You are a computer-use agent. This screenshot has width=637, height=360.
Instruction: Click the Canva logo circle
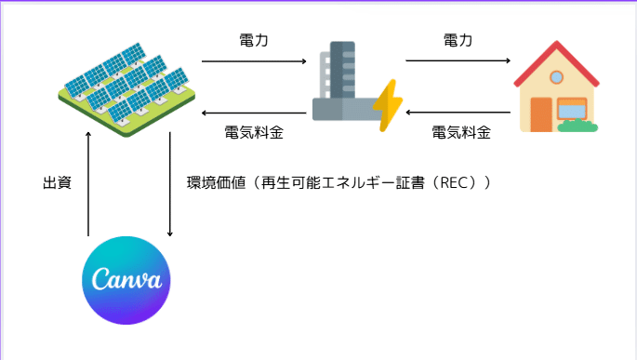point(126,280)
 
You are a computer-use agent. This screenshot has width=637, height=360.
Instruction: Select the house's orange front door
point(541,113)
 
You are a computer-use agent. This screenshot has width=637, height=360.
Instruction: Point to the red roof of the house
point(556,63)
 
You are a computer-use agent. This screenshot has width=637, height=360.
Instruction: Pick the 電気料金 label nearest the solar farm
point(254,132)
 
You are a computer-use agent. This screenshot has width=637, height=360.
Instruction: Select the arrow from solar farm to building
point(254,61)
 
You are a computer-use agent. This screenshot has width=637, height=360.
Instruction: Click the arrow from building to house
point(458,61)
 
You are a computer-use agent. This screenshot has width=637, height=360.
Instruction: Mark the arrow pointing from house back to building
point(458,113)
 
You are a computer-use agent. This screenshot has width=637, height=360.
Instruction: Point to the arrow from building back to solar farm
point(254,113)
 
